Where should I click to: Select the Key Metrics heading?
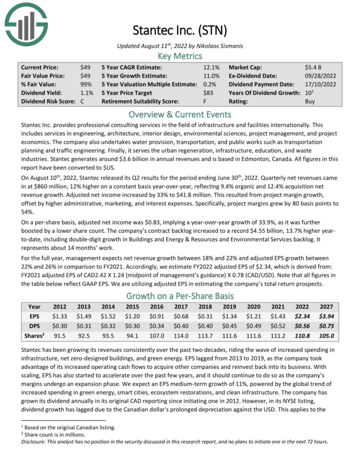click(180, 56)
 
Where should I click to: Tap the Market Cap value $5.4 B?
click(313, 67)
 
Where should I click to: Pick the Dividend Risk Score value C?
click(82, 101)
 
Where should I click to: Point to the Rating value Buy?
click(310, 101)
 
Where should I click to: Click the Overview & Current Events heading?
click(180, 114)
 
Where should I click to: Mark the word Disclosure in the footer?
click(34, 441)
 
